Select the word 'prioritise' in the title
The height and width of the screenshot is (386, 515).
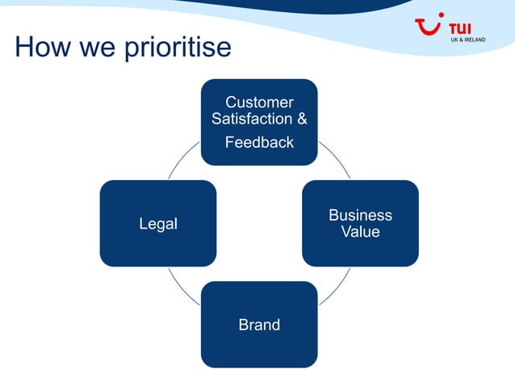pos(177,49)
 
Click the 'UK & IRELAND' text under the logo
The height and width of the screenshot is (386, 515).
pos(467,40)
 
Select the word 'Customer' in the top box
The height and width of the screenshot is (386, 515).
pos(259,103)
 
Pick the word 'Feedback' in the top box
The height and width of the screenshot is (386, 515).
pos(259,143)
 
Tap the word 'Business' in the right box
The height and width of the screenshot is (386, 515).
pos(360,215)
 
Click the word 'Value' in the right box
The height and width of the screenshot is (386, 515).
pos(360,232)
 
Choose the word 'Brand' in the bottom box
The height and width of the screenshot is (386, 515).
pos(259,325)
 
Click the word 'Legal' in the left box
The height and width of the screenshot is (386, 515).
pos(158,224)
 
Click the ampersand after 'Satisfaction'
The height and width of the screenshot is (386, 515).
pos(302,120)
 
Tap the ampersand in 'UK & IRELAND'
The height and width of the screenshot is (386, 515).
pos(463,40)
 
